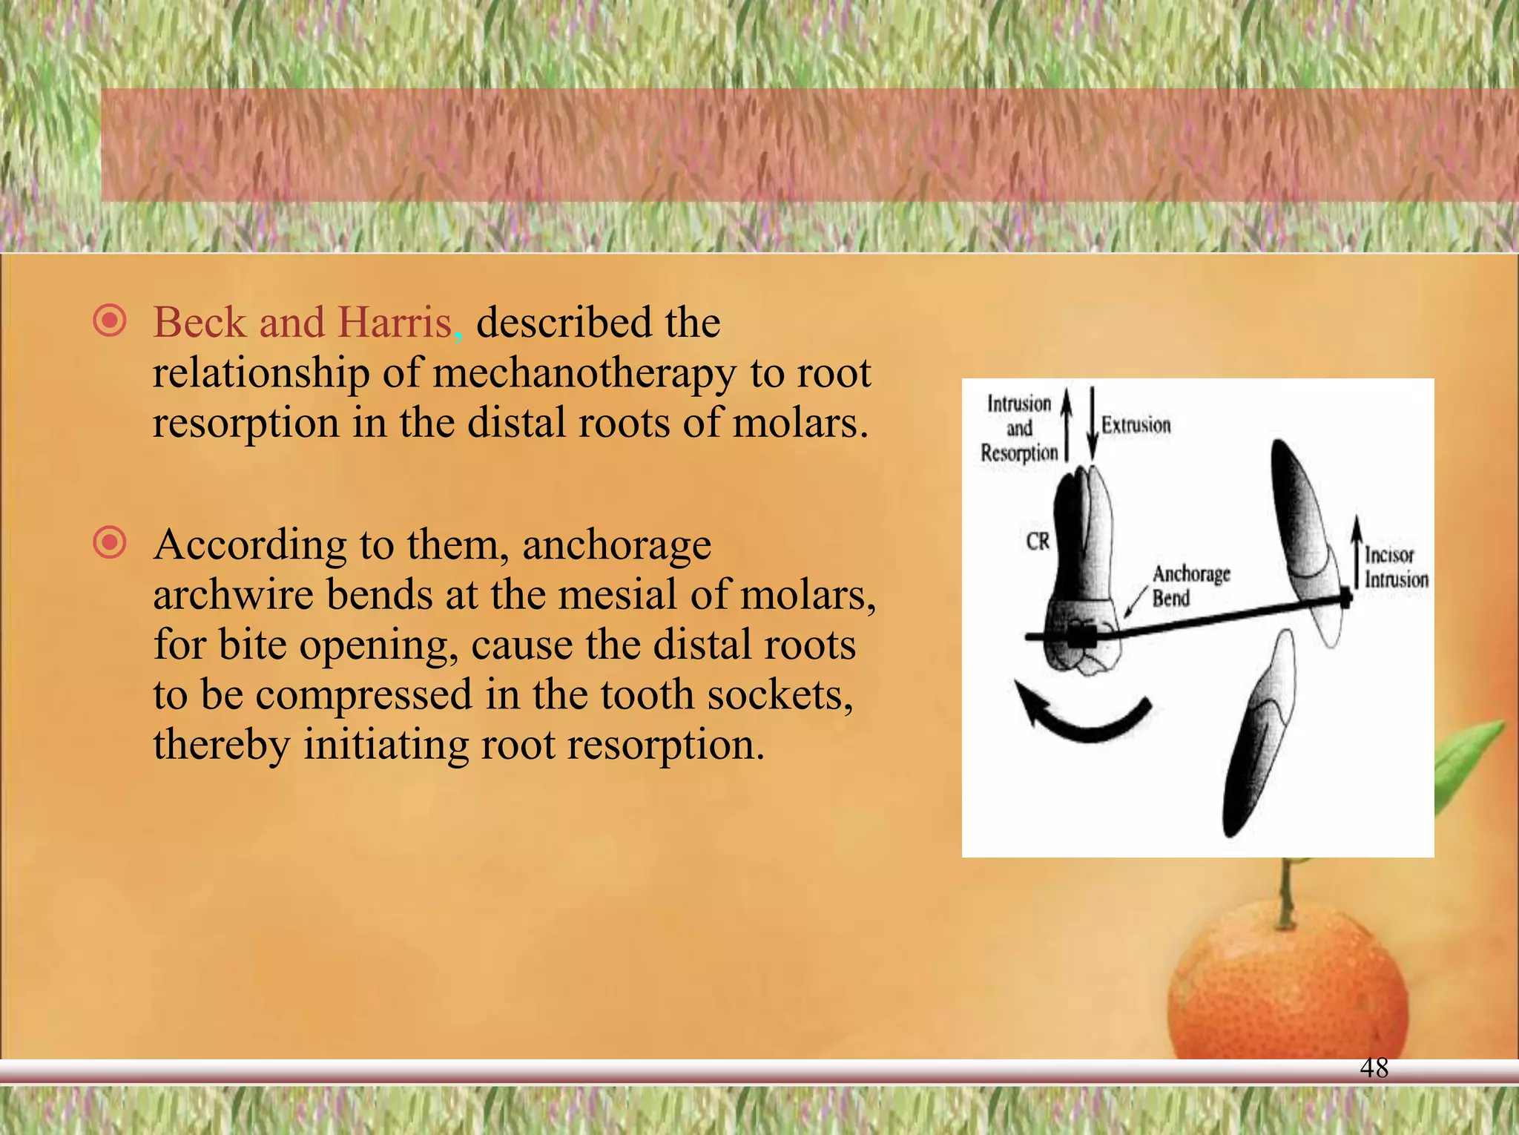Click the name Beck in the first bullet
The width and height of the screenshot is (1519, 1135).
(x=200, y=323)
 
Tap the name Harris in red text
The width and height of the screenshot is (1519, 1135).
(x=395, y=323)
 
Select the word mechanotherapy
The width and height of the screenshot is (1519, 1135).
(x=584, y=373)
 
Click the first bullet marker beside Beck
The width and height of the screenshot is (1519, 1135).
(x=110, y=321)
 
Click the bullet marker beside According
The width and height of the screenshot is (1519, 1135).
(x=110, y=543)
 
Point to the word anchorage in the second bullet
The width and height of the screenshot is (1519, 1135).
(x=616, y=545)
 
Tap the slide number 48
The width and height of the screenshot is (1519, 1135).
(x=1374, y=1068)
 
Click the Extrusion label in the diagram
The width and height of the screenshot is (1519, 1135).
(x=1136, y=425)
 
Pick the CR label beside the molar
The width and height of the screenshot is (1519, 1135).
(x=1038, y=542)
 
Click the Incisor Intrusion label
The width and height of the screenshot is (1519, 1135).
(x=1396, y=567)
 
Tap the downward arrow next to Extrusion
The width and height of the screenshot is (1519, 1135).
(x=1092, y=423)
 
